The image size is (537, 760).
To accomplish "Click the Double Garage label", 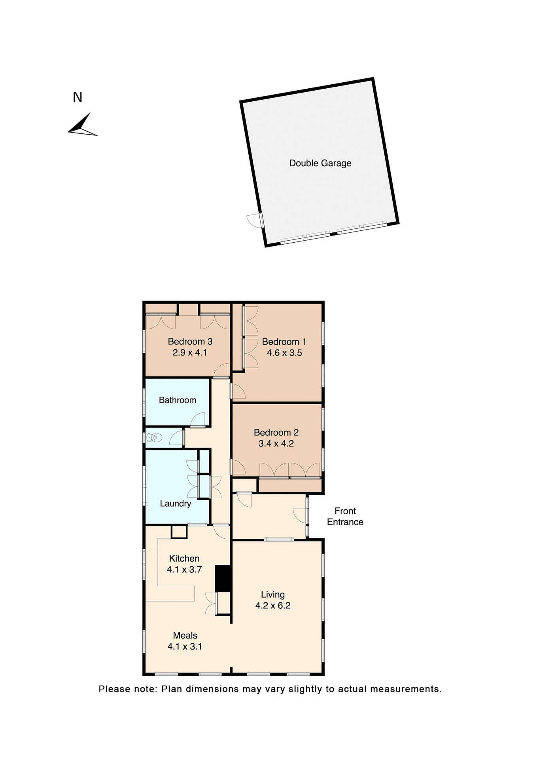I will (320, 163).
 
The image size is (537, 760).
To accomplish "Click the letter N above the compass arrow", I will (78, 97).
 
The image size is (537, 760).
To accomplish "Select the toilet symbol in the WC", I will (154, 437).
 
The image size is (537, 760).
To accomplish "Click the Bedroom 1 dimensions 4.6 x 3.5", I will (284, 353).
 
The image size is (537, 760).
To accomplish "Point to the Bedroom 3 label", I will (190, 341).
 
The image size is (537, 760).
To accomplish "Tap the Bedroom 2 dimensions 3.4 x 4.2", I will (276, 443).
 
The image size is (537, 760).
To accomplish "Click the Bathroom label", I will (178, 400).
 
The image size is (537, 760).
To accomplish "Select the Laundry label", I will (175, 503).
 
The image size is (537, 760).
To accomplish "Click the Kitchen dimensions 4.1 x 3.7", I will (184, 570).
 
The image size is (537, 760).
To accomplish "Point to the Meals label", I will (185, 635).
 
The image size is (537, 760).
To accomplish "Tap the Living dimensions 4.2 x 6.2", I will (273, 605).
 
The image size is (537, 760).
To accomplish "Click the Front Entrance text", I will (345, 516).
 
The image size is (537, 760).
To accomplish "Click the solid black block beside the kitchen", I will (223, 578).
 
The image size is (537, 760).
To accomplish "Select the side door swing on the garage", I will (253, 220).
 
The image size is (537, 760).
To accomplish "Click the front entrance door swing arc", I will (299, 515).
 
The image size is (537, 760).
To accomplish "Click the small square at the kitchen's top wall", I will (179, 532).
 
